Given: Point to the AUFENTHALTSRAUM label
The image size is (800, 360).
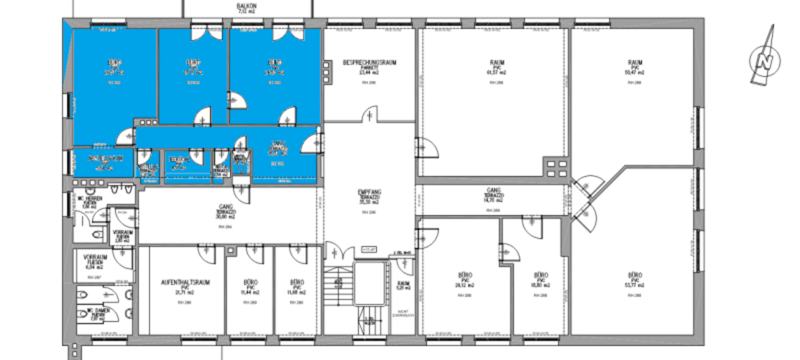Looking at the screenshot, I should (x=185, y=283).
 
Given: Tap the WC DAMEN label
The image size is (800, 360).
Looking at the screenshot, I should (x=98, y=311).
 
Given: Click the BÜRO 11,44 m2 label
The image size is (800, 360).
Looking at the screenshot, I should (x=250, y=283).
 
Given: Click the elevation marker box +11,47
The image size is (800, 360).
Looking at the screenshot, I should (x=368, y=249).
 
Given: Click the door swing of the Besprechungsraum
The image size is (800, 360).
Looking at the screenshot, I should (x=369, y=114).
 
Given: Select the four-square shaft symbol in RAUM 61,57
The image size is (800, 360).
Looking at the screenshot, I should (x=556, y=168).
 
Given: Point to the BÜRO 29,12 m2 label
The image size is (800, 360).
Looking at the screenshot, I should (x=465, y=276).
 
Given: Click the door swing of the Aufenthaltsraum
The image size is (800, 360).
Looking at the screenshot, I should (x=206, y=253).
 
